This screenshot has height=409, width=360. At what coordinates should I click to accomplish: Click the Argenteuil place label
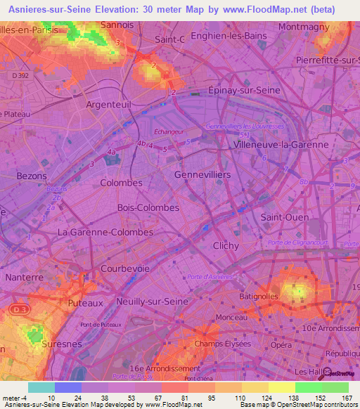108,104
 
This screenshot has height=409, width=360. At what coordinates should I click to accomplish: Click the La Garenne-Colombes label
105,232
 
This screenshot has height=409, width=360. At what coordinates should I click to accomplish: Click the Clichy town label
226,246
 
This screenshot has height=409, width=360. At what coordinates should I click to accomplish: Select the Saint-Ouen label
285,218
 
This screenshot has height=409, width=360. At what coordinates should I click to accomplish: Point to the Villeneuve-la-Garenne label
281,144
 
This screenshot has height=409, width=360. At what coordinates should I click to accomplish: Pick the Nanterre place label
25,278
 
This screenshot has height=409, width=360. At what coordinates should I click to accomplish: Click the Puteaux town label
86,303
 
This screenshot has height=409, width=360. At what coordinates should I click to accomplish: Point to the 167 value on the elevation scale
346,397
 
